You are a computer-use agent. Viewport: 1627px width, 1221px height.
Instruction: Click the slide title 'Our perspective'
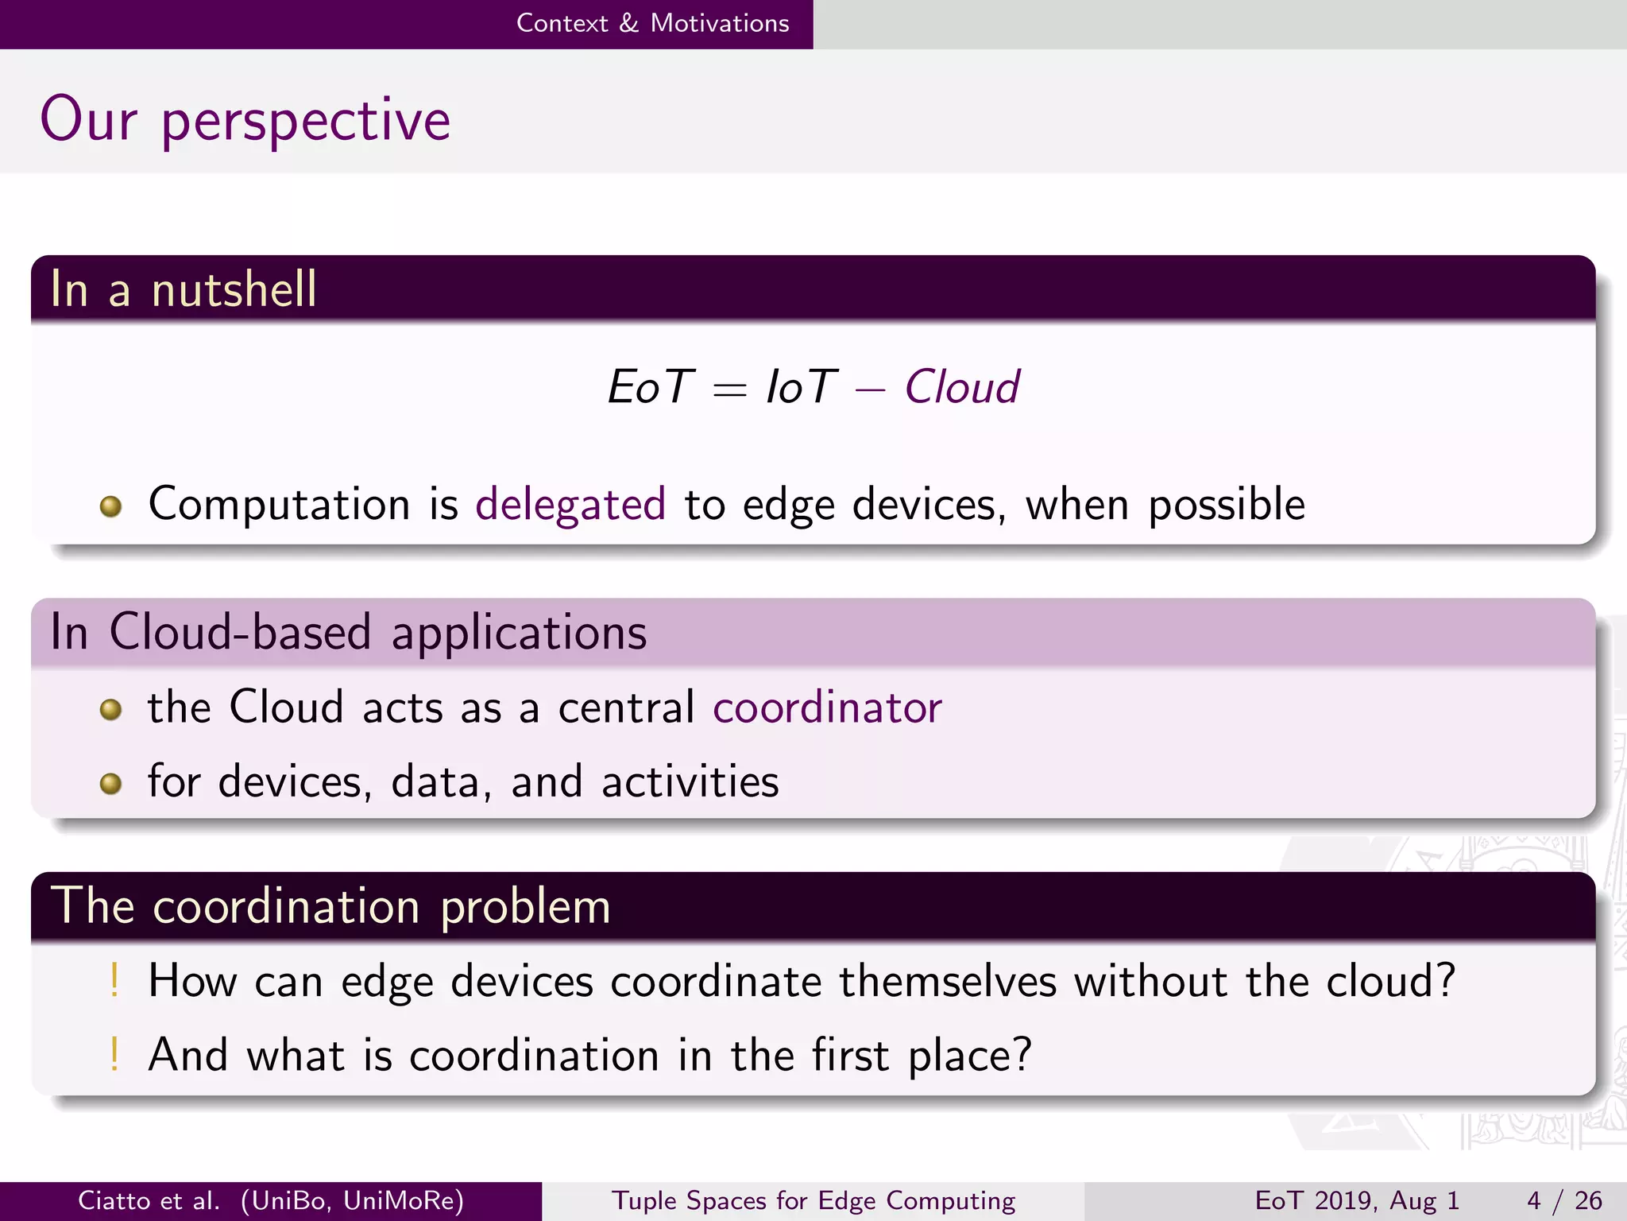(x=245, y=119)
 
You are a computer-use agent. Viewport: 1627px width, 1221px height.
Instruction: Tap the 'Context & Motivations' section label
(x=652, y=23)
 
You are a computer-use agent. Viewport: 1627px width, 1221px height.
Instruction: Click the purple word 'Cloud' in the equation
(x=961, y=387)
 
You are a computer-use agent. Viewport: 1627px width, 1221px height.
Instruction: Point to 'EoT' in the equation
(x=651, y=387)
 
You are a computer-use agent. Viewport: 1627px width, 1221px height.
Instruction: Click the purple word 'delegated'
(x=570, y=504)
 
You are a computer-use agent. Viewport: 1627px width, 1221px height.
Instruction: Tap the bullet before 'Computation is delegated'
(x=110, y=506)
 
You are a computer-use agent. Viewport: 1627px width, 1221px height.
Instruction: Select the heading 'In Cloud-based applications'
(x=348, y=632)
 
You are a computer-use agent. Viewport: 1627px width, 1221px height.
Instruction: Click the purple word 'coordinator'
(x=827, y=707)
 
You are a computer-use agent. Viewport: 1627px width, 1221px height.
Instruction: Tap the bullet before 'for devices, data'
(x=110, y=784)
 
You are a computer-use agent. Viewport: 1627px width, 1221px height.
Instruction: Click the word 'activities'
(x=690, y=781)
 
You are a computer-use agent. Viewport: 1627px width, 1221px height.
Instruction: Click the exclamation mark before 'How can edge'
(x=114, y=979)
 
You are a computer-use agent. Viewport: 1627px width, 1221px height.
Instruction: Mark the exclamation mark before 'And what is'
(x=114, y=1054)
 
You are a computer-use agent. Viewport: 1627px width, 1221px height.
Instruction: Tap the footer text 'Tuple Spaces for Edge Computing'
(x=813, y=1200)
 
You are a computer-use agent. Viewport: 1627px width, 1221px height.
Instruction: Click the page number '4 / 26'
(x=1564, y=1200)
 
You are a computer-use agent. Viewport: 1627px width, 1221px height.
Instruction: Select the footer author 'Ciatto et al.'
(x=149, y=1200)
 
